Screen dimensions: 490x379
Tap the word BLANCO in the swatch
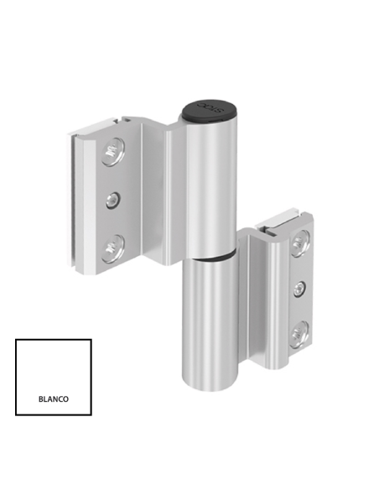coord(54,399)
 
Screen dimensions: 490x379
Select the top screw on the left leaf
coord(112,152)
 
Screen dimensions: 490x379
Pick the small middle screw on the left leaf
coord(112,200)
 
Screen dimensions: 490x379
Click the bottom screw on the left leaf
coord(112,247)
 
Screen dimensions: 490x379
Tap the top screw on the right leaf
coord(299,244)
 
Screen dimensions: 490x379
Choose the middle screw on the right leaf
coord(299,289)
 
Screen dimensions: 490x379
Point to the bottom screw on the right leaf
coord(299,335)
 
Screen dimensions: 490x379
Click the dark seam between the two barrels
coord(211,254)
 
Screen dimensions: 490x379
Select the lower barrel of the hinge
coord(210,319)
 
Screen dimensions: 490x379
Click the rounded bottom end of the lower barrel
coord(210,382)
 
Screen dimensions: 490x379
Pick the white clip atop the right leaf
coord(277,221)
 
